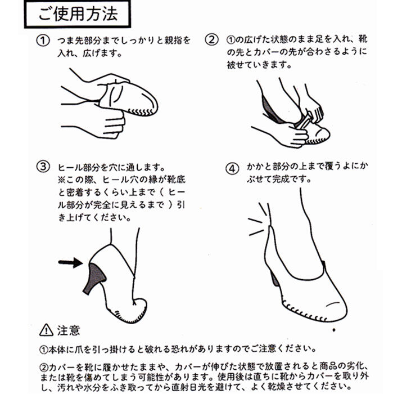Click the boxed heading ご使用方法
[x=78, y=14]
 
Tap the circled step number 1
[x=43, y=41]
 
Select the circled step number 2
[x=211, y=40]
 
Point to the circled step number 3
[x=43, y=167]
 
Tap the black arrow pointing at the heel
[x=70, y=263]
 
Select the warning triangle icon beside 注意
[x=47, y=330]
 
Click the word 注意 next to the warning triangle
[x=69, y=330]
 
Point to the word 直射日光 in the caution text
[x=189, y=387]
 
